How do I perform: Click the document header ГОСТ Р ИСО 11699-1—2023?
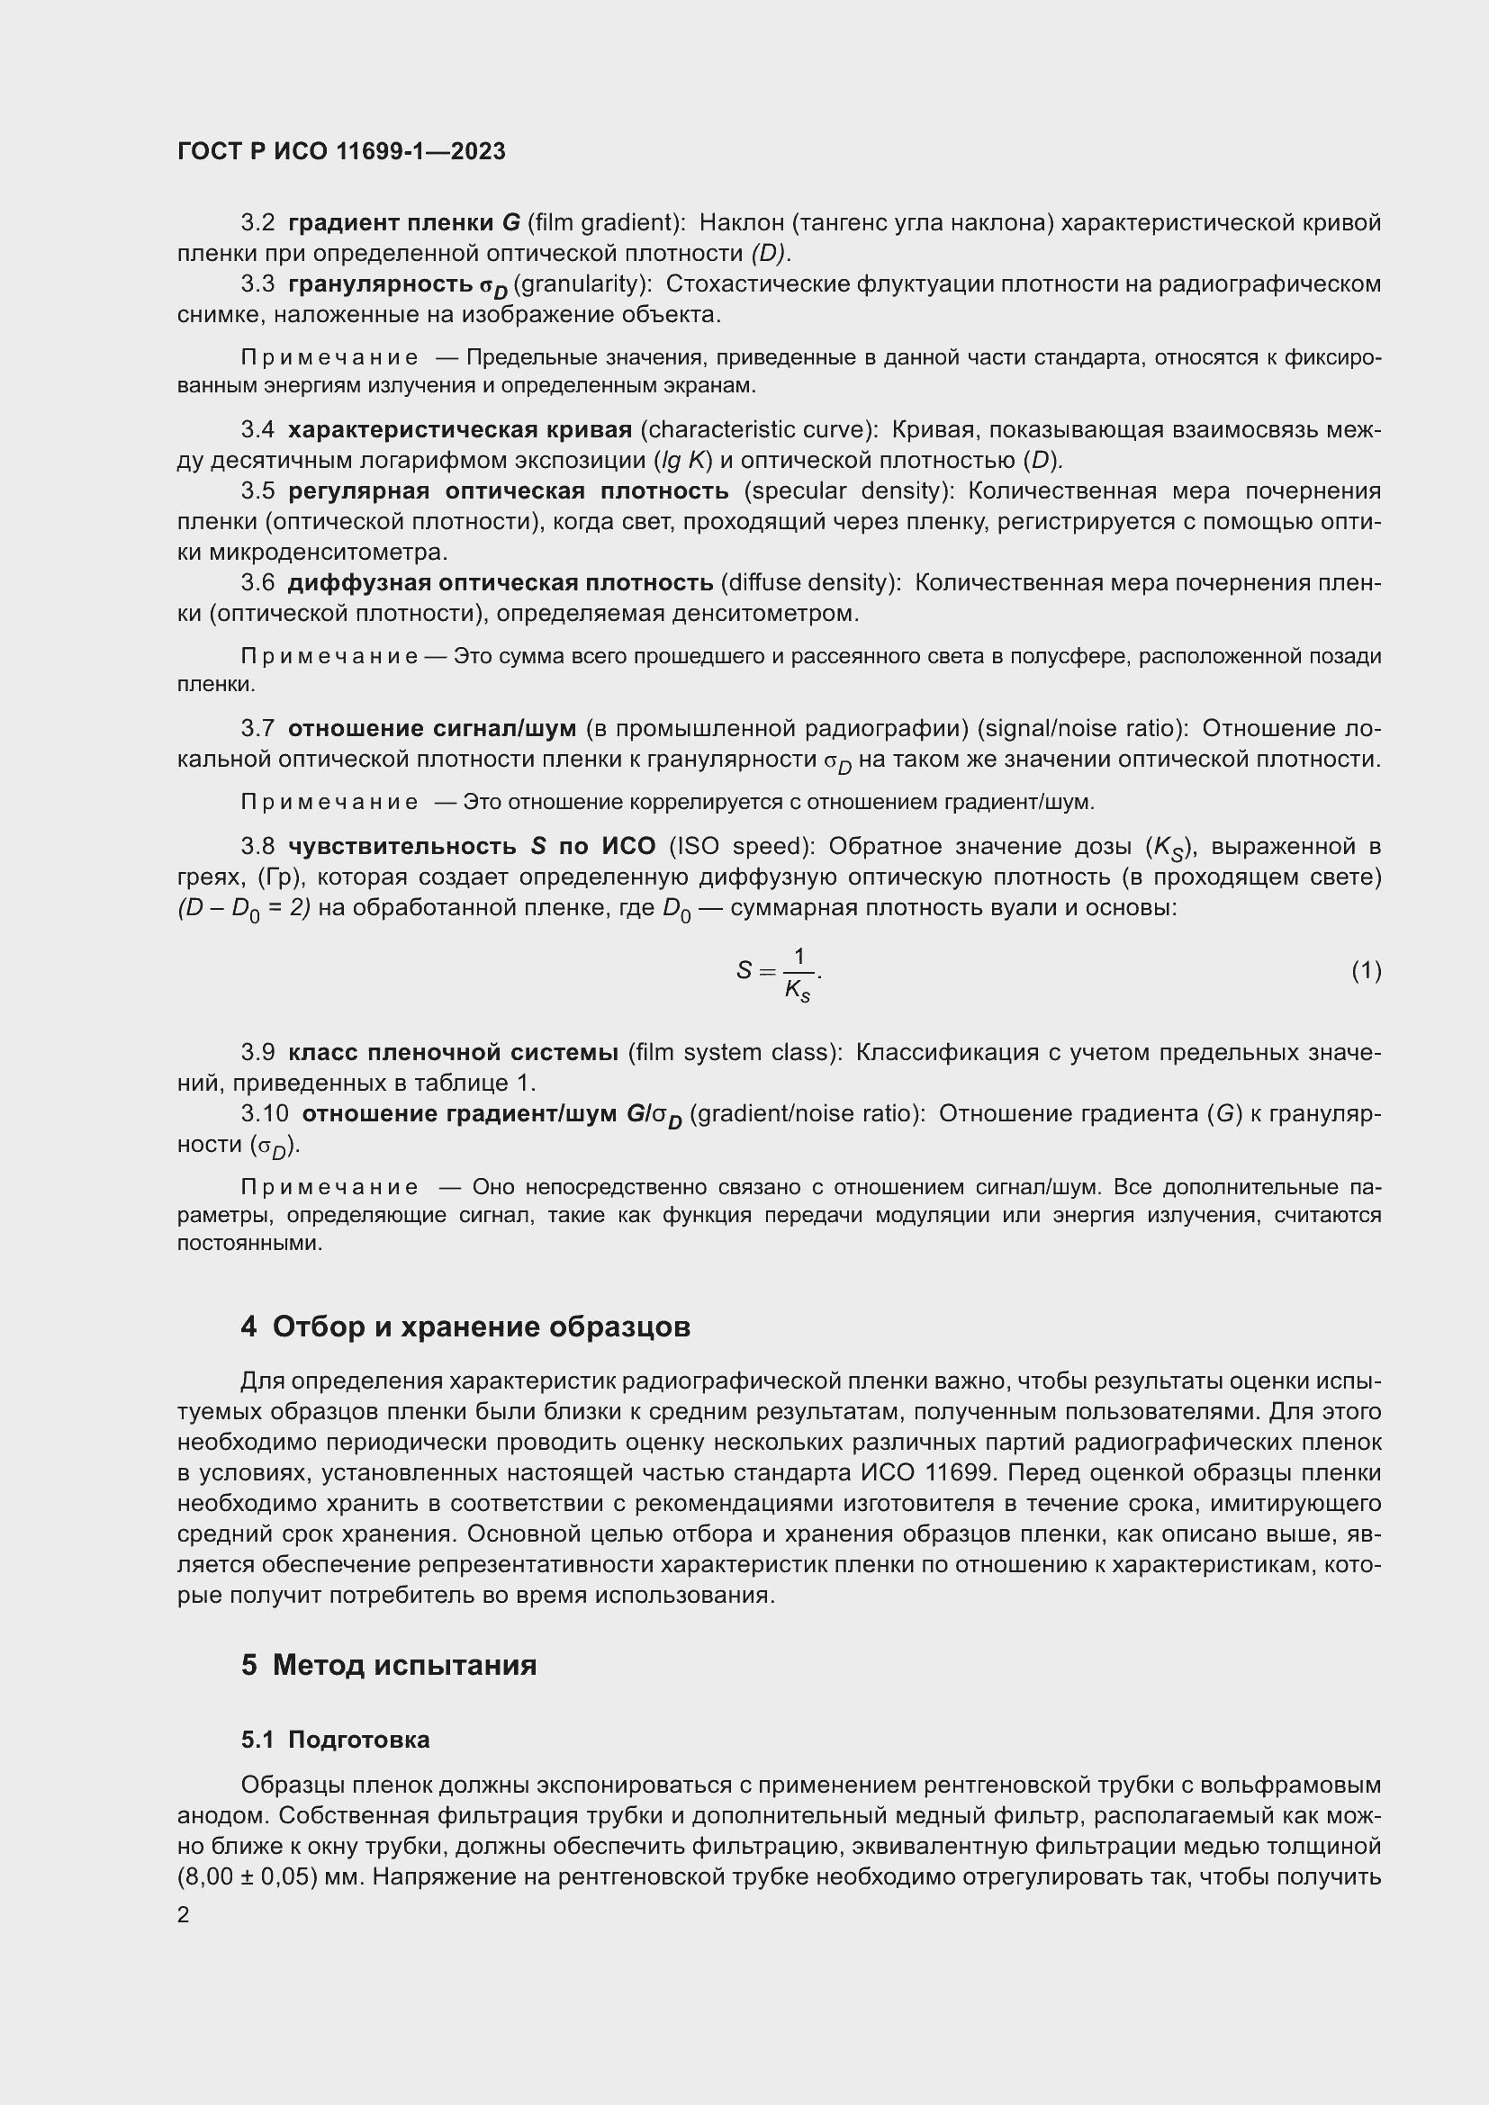click(x=341, y=151)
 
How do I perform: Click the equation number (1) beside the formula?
click(x=1366, y=970)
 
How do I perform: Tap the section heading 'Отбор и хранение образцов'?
click(x=481, y=1327)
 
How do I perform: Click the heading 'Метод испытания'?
click(x=403, y=1664)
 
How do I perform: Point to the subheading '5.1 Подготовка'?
click(x=336, y=1740)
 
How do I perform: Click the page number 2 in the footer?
click(x=184, y=1913)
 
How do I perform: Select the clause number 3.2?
click(x=257, y=223)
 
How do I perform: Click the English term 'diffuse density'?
click(x=807, y=582)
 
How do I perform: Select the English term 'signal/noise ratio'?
click(x=1080, y=728)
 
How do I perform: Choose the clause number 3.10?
click(x=264, y=1113)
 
